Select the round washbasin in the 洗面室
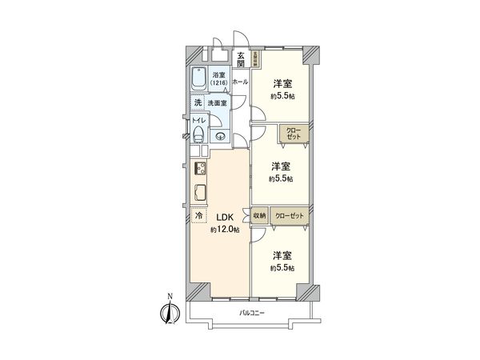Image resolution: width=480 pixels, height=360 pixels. [x=220, y=136]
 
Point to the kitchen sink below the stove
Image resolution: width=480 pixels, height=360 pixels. [x=200, y=192]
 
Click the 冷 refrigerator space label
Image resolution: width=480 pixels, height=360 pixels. [x=198, y=216]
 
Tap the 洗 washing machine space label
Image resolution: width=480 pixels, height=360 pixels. [x=197, y=103]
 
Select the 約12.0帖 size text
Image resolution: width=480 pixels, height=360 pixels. [x=224, y=230]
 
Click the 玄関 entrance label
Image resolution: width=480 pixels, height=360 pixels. [x=240, y=61]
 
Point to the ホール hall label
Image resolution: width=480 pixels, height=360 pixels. [x=240, y=82]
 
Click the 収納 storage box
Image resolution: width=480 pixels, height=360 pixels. [x=259, y=216]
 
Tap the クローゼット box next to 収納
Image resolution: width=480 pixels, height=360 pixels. [x=289, y=216]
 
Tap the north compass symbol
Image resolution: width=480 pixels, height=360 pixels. [x=169, y=313]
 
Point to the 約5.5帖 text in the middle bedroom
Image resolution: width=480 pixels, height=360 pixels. [x=280, y=180]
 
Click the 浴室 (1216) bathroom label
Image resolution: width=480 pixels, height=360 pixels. [x=219, y=79]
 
